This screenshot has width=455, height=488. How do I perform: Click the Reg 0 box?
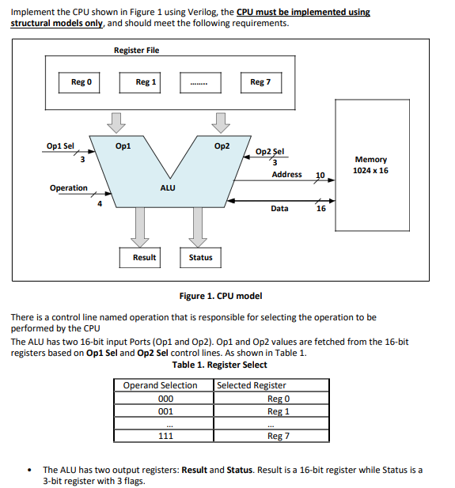(81, 82)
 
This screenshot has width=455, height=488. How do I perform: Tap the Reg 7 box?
(260, 82)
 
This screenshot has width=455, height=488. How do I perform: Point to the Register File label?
(136, 51)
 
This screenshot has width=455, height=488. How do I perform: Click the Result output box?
(144, 257)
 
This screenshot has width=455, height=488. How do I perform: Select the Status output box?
(200, 257)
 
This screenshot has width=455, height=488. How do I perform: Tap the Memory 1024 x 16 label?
(371, 165)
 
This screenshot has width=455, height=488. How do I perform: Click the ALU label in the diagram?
(168, 188)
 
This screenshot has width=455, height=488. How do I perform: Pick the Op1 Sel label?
(60, 146)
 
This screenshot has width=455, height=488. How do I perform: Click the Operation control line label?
(69, 188)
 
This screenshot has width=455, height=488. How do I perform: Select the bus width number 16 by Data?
(320, 210)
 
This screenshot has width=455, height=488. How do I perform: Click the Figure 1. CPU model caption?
(221, 296)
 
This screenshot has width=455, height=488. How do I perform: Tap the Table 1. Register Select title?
(220, 365)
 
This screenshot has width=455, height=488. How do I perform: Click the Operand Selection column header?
(161, 385)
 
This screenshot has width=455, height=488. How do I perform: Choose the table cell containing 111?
(165, 436)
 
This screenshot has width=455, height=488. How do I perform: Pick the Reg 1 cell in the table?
(279, 411)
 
